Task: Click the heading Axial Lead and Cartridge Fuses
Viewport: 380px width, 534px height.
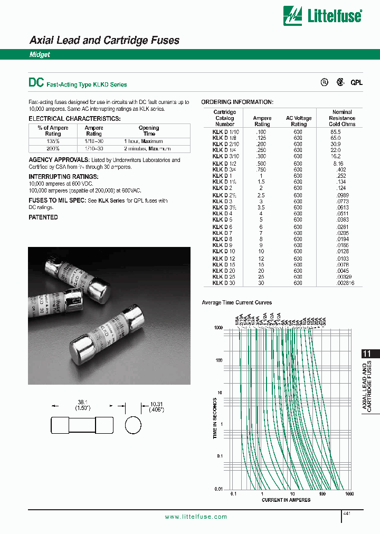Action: [104, 40]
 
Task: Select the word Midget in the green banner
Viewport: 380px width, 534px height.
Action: [39, 55]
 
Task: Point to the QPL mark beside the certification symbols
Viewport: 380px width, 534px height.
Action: [357, 83]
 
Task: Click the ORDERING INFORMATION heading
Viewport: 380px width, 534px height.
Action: [237, 102]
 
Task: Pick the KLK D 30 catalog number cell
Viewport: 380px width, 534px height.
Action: [224, 283]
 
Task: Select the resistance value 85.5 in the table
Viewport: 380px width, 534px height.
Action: [335, 131]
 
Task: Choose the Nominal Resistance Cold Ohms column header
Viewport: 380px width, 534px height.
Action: [342, 118]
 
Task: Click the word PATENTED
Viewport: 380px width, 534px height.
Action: [43, 217]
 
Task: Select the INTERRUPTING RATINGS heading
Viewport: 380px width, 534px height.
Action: [63, 176]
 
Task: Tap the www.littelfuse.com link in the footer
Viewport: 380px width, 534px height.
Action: [196, 517]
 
